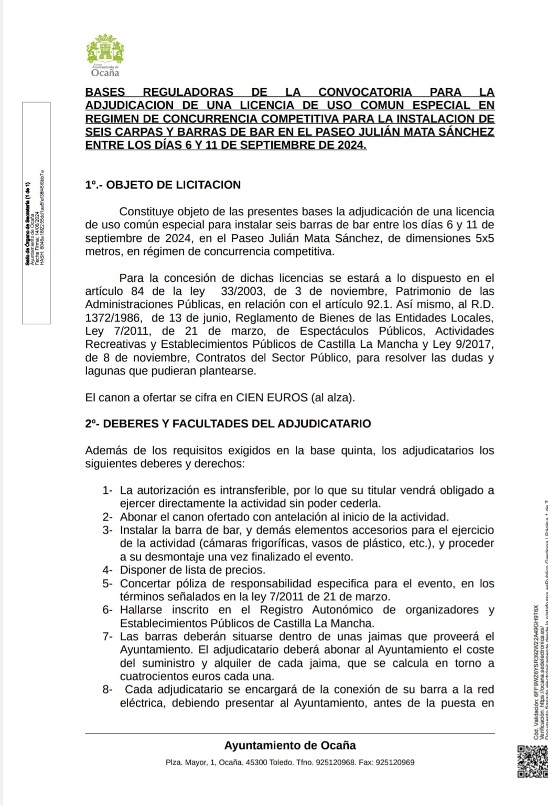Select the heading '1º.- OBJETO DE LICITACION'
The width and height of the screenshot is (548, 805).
(163, 185)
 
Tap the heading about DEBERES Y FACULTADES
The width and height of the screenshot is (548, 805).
(228, 424)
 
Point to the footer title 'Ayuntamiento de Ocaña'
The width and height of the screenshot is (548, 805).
(290, 745)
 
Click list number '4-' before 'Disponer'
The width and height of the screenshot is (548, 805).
(108, 570)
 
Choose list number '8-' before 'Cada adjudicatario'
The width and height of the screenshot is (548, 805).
(108, 690)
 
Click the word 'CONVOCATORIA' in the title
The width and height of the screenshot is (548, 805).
(365, 92)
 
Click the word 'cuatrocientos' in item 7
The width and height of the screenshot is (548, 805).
(150, 677)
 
